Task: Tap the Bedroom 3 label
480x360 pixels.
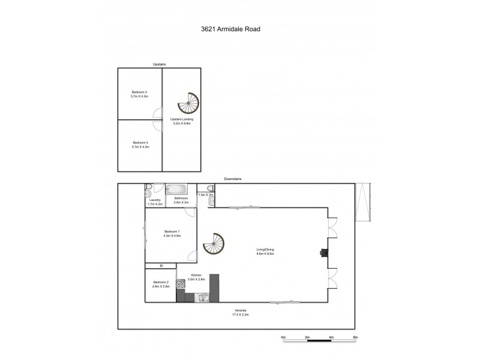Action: pos(139,92)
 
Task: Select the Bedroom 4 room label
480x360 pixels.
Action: pos(139,142)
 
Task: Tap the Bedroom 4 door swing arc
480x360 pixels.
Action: pos(157,125)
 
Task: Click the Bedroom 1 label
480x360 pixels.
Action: pos(172,232)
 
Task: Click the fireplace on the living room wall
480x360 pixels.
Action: pos(325,253)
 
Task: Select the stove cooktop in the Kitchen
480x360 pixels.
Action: pos(181,284)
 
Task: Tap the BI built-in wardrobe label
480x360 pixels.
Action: pos(161,265)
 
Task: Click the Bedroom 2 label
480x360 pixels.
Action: pos(161,282)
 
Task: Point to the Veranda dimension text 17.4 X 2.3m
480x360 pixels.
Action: pos(240,314)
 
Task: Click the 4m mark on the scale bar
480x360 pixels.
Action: pos(331,338)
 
